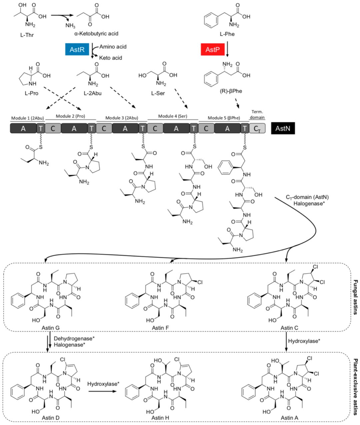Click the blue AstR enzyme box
(x=77, y=50)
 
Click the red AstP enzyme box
(x=212, y=50)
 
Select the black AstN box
(x=283, y=128)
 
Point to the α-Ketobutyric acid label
(x=96, y=34)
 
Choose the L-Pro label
(x=31, y=93)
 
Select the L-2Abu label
(x=92, y=93)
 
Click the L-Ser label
(x=158, y=93)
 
